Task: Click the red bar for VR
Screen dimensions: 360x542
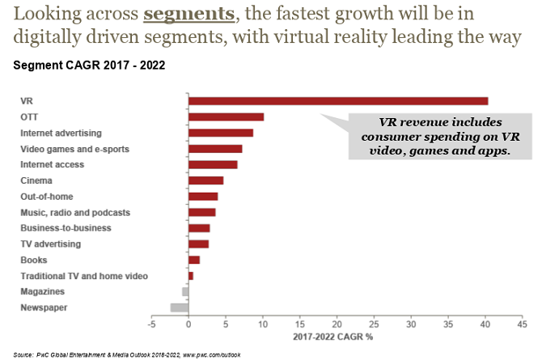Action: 338,101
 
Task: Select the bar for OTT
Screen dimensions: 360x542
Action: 226,116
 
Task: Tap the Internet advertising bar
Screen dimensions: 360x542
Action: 221,133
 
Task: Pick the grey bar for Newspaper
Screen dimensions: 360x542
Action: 179,307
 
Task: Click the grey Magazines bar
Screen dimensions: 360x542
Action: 185,291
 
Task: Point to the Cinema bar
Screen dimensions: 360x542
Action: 205,180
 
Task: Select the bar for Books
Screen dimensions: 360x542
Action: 194,260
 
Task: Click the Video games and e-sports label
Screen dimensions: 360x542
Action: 74,149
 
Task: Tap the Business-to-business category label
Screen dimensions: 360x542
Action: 66,228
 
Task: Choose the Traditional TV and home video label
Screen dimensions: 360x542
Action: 84,276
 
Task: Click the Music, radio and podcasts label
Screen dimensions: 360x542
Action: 74,212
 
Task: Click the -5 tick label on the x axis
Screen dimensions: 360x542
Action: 151,325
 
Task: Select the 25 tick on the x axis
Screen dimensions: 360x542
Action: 373,325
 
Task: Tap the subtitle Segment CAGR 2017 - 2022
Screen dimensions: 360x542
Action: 89,66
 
